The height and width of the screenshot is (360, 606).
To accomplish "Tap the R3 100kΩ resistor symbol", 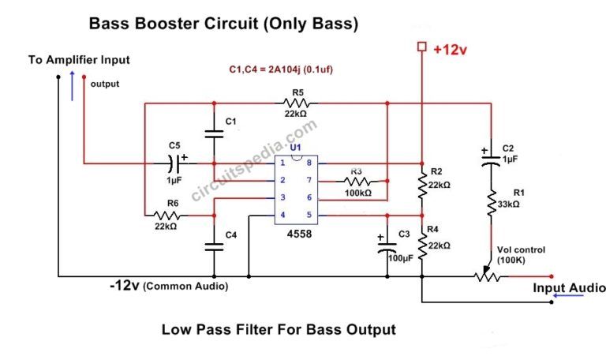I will click(356, 181).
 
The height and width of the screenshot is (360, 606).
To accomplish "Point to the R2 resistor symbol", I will click(422, 185).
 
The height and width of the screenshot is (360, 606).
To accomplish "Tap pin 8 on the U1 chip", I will click(309, 163).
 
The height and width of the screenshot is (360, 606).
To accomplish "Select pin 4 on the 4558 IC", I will click(283, 215).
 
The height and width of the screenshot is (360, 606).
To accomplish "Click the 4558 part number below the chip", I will click(296, 234).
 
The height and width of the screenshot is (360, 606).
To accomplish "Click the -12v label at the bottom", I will click(125, 285).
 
